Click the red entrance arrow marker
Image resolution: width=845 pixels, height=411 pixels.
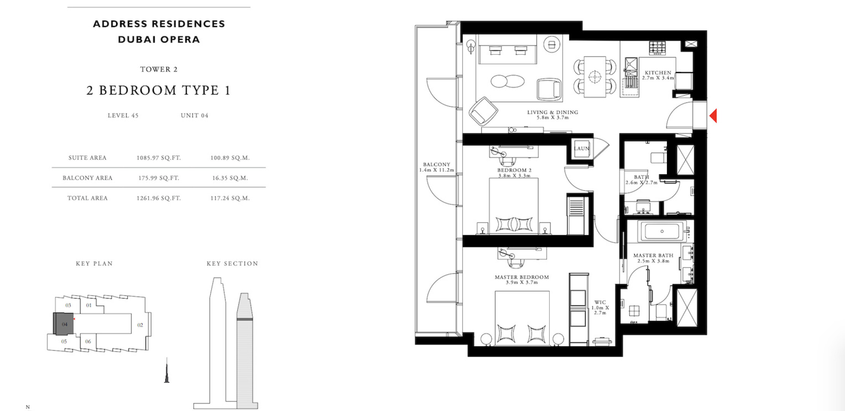pyautogui.click(x=714, y=116)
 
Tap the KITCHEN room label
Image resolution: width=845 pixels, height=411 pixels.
pyautogui.click(x=658, y=73)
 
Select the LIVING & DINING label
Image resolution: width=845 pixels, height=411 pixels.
pyautogui.click(x=553, y=112)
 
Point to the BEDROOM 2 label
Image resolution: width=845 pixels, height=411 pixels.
pyautogui.click(x=514, y=170)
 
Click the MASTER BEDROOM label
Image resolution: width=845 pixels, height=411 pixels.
pyautogui.click(x=522, y=277)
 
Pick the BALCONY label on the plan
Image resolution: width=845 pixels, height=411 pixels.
pyautogui.click(x=437, y=164)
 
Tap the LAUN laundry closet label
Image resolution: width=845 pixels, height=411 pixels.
pyautogui.click(x=582, y=148)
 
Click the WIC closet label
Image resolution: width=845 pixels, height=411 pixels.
pyautogui.click(x=600, y=302)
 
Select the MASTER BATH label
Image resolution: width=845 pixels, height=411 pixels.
pyautogui.click(x=653, y=255)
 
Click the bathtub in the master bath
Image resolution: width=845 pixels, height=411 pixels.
pyautogui.click(x=662, y=231)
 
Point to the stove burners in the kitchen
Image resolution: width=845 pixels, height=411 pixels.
pyautogui.click(x=658, y=47)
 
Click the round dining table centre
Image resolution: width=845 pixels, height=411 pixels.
pyautogui.click(x=594, y=77)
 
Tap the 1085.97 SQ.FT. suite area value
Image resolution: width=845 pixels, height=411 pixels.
pyautogui.click(x=159, y=158)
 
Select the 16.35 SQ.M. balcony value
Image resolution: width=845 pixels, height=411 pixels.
pyautogui.click(x=230, y=178)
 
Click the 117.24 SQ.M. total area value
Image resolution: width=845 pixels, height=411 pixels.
pyautogui.click(x=230, y=198)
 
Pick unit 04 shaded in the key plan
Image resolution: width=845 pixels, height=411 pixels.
pyautogui.click(x=64, y=324)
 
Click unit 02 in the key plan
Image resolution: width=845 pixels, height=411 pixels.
pyautogui.click(x=140, y=325)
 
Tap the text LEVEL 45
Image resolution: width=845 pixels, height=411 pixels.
pyautogui.click(x=123, y=115)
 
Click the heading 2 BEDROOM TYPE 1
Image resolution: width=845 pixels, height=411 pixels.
pyautogui.click(x=158, y=90)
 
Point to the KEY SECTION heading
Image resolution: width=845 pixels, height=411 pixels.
pyautogui.click(x=232, y=263)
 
